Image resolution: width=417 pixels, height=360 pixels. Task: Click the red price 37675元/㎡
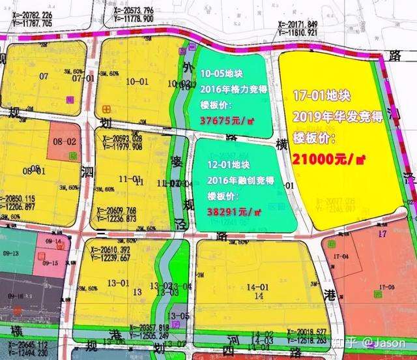228,121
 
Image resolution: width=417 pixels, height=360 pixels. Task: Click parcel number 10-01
137,82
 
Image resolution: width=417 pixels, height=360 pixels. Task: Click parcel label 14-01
259,287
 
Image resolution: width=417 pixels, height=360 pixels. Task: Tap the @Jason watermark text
384,342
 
